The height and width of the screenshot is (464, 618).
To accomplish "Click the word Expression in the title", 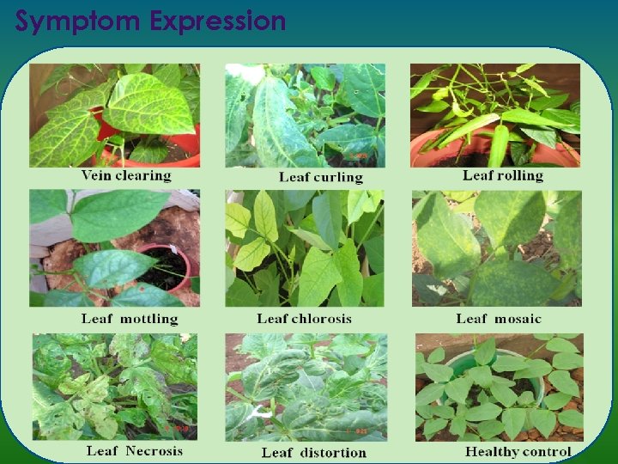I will (x=218, y=21).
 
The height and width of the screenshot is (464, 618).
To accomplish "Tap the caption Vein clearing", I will (x=126, y=175).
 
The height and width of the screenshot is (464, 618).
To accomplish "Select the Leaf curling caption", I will (x=321, y=177).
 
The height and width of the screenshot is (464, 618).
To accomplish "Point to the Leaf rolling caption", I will (x=503, y=175).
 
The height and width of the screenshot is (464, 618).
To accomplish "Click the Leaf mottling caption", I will (x=130, y=319).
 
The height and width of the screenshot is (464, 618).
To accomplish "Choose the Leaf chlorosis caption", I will (x=305, y=319).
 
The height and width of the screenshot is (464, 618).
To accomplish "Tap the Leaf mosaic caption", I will (x=499, y=319).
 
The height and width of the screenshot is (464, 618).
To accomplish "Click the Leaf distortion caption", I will (x=314, y=452).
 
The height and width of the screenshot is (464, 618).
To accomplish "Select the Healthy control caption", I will (x=518, y=451).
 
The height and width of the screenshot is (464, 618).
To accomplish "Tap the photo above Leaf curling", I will (x=306, y=115).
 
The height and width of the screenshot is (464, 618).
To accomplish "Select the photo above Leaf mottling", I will (x=115, y=248).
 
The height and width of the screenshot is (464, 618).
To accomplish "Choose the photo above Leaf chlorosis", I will (x=305, y=248).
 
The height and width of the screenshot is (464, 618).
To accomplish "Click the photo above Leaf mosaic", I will (x=496, y=248).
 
